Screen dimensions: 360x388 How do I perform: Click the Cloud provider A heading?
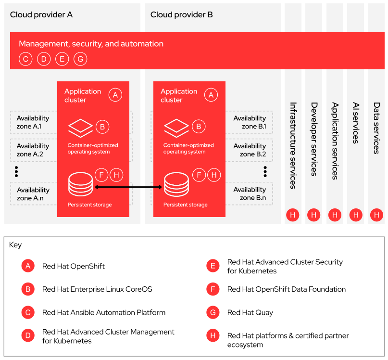pyautogui.click(x=41, y=14)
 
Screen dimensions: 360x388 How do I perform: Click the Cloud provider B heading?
pyautogui.click(x=182, y=14)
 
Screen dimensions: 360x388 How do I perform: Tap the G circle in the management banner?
pyautogui.click(x=80, y=59)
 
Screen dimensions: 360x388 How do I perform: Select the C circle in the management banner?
pyautogui.click(x=25, y=59)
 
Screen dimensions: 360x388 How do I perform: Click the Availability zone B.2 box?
pyautogui.click(x=250, y=150)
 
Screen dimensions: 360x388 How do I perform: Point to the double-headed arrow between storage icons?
pyautogui.click(x=128, y=187)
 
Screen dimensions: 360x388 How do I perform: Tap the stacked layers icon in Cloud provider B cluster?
pyautogui.click(x=176, y=128)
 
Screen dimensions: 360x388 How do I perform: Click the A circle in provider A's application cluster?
pyautogui.click(x=115, y=95)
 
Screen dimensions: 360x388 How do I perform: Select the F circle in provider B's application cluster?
pyautogui.click(x=199, y=175)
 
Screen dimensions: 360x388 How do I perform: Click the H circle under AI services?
pyautogui.click(x=356, y=215)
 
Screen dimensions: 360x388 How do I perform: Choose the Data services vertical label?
pyautogui.click(x=376, y=128)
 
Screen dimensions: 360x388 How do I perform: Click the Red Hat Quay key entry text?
pyautogui.click(x=250, y=312)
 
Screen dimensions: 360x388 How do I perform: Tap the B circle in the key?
pyautogui.click(x=28, y=289)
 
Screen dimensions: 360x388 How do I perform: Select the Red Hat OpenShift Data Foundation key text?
pyautogui.click(x=286, y=289)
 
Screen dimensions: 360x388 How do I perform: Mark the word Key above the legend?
pyautogui.click(x=15, y=245)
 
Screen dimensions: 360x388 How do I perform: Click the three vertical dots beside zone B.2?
pyautogui.click(x=265, y=171)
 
